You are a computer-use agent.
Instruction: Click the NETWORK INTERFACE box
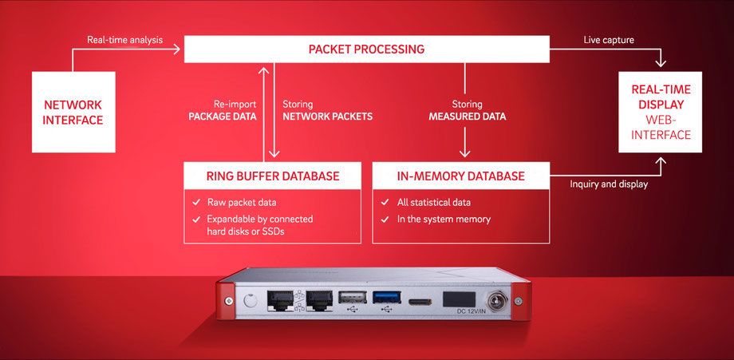click(x=73, y=112)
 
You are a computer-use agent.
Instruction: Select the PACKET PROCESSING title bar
click(x=366, y=49)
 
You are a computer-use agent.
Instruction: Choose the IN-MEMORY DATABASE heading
click(x=460, y=176)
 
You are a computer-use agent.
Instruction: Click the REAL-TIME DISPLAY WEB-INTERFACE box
click(x=661, y=112)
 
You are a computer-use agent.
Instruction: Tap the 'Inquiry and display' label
click(x=609, y=184)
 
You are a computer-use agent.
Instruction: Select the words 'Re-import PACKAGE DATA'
click(x=224, y=110)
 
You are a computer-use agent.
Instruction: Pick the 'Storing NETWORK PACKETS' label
click(x=327, y=110)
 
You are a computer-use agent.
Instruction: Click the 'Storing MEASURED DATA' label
click(x=467, y=110)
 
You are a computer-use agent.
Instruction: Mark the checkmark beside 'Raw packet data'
click(x=195, y=202)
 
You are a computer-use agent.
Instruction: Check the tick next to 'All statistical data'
click(x=385, y=202)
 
